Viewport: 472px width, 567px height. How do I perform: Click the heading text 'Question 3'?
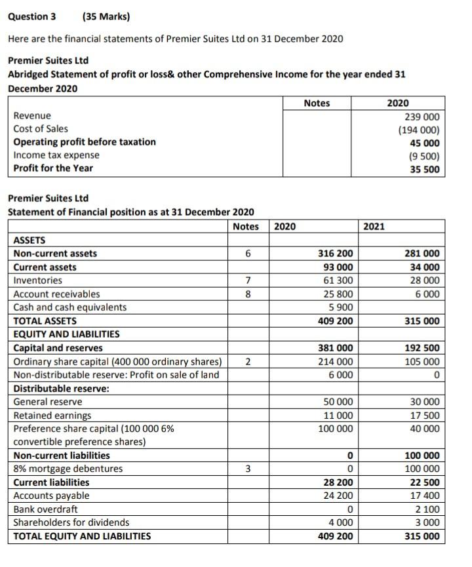click(31, 16)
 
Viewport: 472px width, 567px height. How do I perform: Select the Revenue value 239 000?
click(422, 116)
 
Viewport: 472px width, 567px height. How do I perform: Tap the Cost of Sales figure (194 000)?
click(419, 129)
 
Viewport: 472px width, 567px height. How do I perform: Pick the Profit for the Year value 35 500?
click(424, 168)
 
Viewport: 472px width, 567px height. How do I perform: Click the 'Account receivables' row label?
click(57, 294)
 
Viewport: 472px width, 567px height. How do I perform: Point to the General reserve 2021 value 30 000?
click(424, 402)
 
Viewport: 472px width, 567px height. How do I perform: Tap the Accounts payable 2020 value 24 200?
click(338, 496)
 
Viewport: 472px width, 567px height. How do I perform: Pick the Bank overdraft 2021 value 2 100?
click(427, 509)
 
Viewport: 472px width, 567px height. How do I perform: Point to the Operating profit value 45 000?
click(424, 142)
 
